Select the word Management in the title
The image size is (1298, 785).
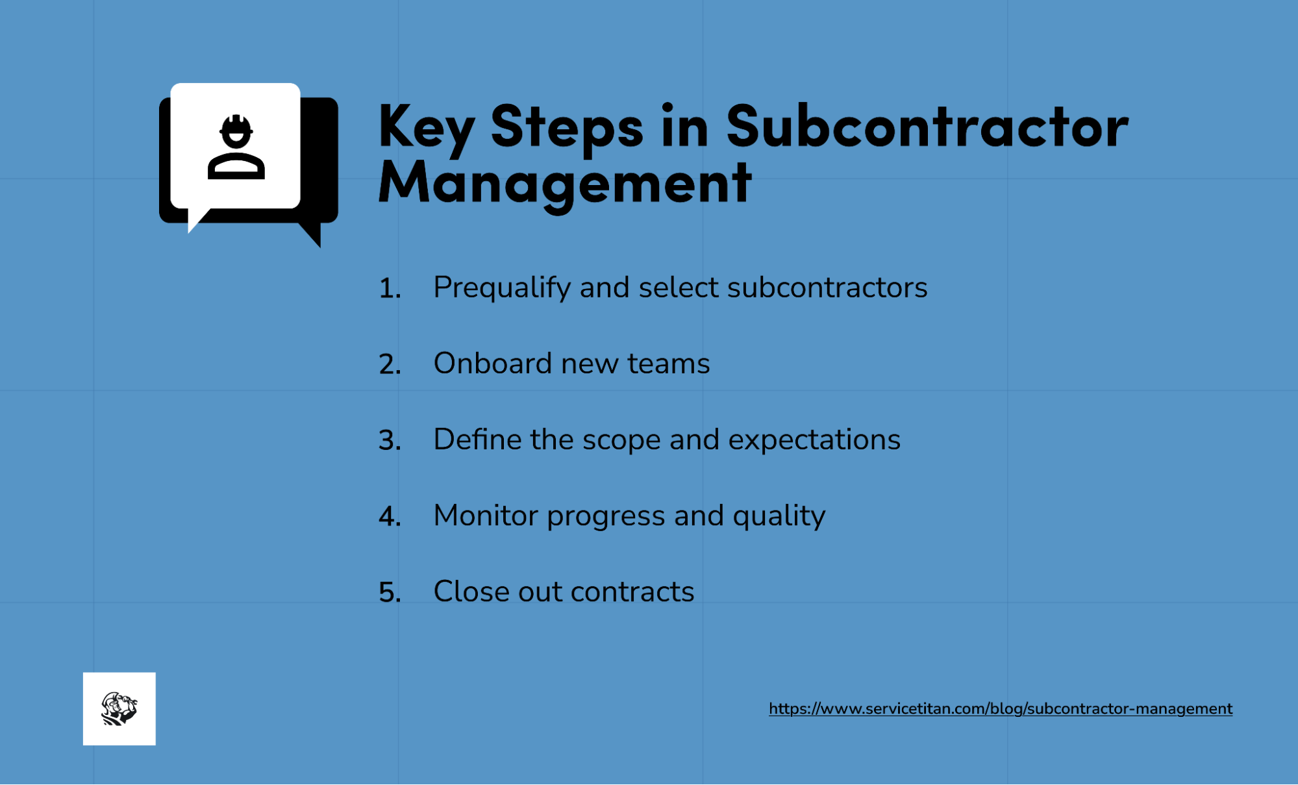(564, 184)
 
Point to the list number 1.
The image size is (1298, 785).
(389, 288)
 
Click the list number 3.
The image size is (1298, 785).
(389, 440)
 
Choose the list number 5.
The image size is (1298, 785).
(389, 592)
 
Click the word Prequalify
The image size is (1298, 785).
(501, 288)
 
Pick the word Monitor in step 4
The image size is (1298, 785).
(485, 516)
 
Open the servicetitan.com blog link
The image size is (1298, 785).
(1000, 708)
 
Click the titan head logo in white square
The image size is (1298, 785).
(119, 708)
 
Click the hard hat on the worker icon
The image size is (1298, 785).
(236, 125)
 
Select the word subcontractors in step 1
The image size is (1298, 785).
(827, 288)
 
